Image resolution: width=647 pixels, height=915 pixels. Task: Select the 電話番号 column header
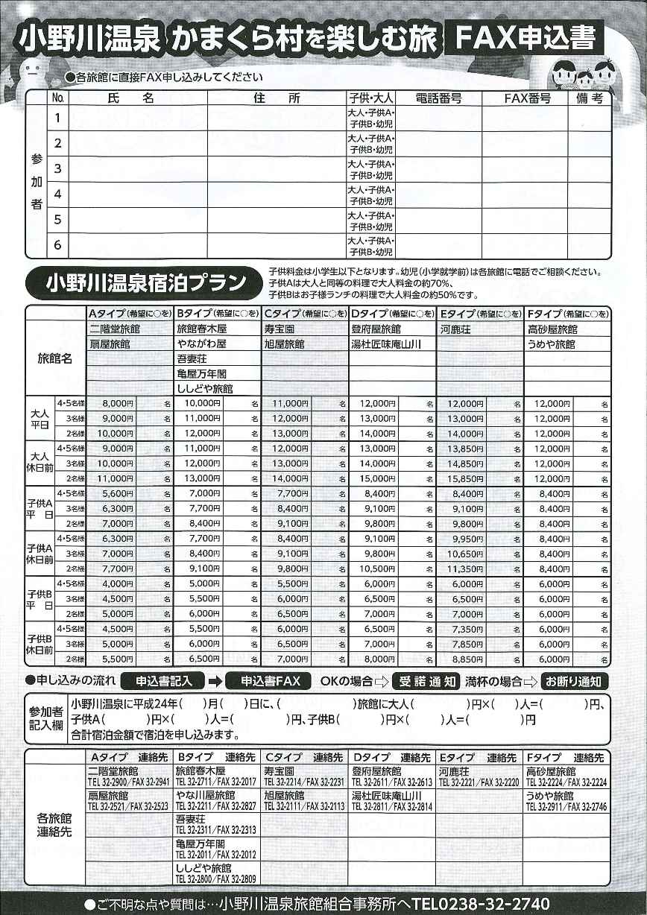click(438, 98)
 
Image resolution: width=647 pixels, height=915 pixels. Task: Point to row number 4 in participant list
click(57, 194)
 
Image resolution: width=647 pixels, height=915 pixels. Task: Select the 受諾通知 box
click(426, 681)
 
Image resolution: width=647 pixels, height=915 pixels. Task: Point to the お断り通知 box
click(575, 681)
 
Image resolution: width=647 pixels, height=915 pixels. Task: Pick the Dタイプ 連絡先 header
click(391, 756)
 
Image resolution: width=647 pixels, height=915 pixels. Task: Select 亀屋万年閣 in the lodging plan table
click(201, 373)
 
